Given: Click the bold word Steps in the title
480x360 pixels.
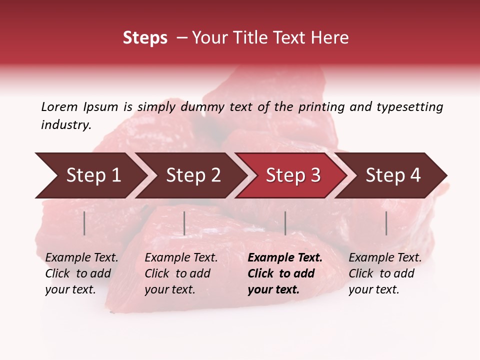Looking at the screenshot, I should point(145,38).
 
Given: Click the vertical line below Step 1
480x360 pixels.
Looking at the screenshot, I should point(84,223).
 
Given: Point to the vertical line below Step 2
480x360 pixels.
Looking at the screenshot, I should point(184,223).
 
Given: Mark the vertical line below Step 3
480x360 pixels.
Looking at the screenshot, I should point(285,223).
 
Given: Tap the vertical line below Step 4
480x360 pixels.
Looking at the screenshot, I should point(386,223).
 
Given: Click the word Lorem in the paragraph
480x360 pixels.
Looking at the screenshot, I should point(59,107).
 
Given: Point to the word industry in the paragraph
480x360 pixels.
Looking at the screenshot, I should point(66,125).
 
